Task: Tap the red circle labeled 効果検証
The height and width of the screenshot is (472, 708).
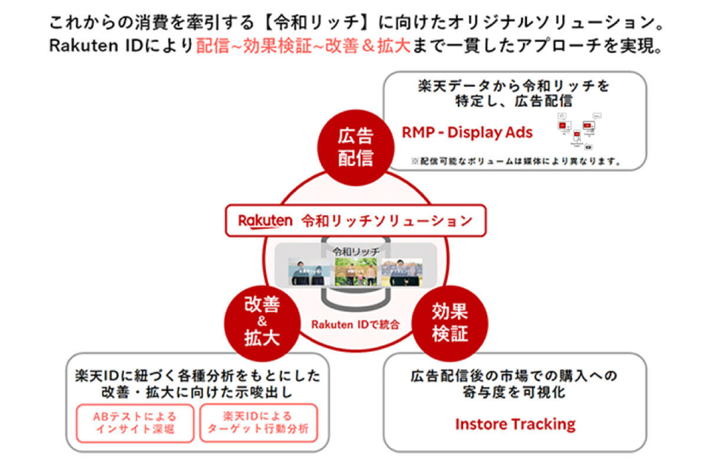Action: click(450, 322)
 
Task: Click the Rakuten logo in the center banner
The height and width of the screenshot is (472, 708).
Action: click(265, 221)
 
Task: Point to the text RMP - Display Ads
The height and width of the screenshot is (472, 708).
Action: click(467, 132)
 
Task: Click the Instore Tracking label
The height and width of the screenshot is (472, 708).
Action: click(515, 424)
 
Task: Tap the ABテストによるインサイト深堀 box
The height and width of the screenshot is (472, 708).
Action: click(135, 422)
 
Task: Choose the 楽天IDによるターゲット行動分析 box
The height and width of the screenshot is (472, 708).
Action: click(258, 422)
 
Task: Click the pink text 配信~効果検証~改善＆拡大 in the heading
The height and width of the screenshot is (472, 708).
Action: click(303, 47)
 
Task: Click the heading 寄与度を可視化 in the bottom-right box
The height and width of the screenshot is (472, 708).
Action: click(514, 391)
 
